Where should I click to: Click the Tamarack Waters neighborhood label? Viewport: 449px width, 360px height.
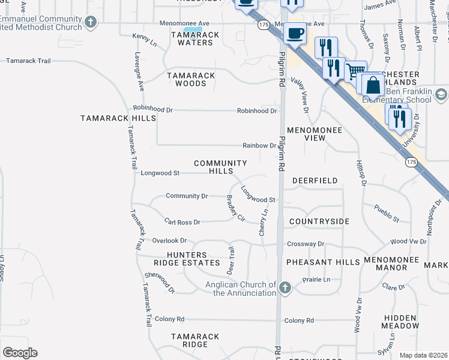(x=191, y=39)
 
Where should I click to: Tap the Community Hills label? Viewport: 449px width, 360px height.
(x=220, y=167)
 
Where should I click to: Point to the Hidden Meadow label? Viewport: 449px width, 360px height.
(x=400, y=322)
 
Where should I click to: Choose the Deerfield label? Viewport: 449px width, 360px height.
(x=315, y=181)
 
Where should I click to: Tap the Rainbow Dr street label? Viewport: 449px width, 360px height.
(x=259, y=145)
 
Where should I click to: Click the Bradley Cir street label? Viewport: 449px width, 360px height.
(x=235, y=208)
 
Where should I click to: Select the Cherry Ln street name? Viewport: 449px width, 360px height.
(x=263, y=222)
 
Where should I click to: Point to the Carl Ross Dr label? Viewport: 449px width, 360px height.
(x=182, y=222)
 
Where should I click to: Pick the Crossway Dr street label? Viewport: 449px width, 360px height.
(x=305, y=244)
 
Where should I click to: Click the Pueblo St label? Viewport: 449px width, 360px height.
(x=387, y=214)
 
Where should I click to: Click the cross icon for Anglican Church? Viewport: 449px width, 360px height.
(x=285, y=289)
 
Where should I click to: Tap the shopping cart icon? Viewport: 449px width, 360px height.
(x=355, y=71)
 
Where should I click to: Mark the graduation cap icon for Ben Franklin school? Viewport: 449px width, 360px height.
(x=440, y=95)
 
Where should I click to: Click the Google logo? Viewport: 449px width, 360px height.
(x=20, y=353)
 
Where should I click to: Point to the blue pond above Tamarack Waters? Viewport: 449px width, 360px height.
(x=192, y=30)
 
